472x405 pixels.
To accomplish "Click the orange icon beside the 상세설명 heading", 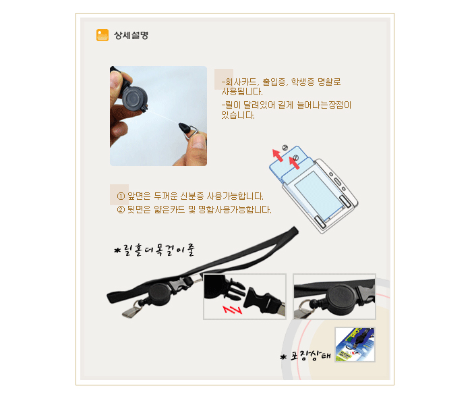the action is click(102, 35).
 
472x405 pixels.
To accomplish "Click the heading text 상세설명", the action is click(131, 35).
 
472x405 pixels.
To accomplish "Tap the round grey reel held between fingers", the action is click(135, 99).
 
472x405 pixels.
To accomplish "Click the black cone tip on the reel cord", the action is click(184, 128).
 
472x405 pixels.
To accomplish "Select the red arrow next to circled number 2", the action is click(278, 155).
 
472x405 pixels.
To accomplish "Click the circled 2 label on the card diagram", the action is click(285, 148).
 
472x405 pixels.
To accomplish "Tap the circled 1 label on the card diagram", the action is click(295, 157).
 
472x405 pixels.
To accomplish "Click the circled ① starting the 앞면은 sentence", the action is click(121, 196).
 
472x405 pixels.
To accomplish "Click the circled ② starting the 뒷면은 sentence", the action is click(121, 210).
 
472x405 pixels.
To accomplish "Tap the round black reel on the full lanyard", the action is click(159, 294).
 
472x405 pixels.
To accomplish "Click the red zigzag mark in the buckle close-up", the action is click(232, 309).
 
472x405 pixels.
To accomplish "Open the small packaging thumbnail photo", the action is click(355, 344).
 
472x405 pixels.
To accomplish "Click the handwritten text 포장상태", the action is click(310, 356).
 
